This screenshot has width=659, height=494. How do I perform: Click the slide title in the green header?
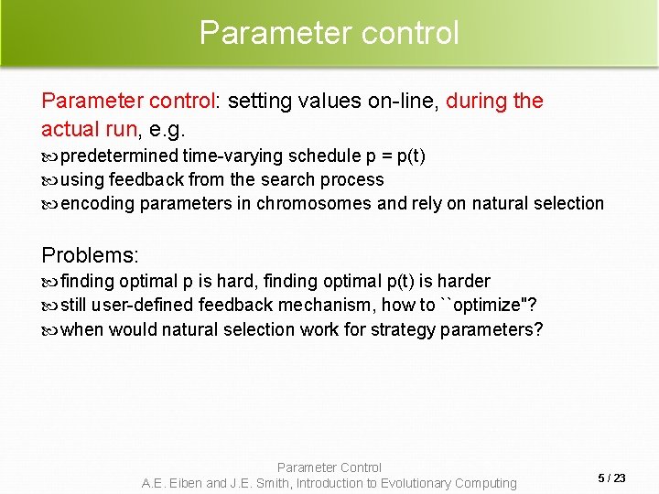pos(329,33)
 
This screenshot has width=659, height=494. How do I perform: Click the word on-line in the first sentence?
pos(398,101)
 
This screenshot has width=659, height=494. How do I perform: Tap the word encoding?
pos(97,203)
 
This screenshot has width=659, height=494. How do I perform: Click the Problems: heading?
pos(90,255)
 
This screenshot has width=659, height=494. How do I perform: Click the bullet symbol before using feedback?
pos(49,180)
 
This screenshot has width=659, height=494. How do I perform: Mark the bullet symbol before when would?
pos(49,329)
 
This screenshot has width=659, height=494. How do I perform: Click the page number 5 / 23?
pos(611,478)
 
